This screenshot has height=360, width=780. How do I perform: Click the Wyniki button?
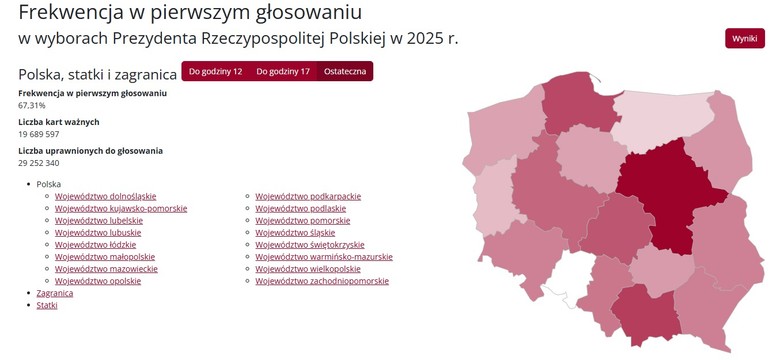click(x=744, y=38)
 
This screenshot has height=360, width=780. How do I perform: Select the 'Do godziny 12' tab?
click(x=215, y=72)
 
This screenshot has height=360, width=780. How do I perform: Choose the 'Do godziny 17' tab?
click(x=282, y=72)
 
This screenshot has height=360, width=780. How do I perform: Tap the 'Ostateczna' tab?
click(x=345, y=72)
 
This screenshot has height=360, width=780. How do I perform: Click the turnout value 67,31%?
click(x=32, y=105)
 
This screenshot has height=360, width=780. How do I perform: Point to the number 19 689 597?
click(x=39, y=134)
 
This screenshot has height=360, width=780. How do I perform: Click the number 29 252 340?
click(x=39, y=163)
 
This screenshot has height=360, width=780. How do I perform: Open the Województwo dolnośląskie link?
click(x=105, y=197)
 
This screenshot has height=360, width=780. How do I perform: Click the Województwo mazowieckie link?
click(x=106, y=269)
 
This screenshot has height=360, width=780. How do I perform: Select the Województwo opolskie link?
click(x=98, y=281)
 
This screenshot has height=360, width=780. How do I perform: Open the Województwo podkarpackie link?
click(x=308, y=197)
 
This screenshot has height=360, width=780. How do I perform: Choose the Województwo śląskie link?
click(x=295, y=233)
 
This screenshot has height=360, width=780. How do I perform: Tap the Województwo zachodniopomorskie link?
click(x=322, y=281)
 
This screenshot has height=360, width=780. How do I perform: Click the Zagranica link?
click(x=55, y=293)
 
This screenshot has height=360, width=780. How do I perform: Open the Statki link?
click(x=47, y=305)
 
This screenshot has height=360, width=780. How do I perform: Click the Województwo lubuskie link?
click(x=97, y=233)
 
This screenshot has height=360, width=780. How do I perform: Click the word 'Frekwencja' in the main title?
click(x=75, y=13)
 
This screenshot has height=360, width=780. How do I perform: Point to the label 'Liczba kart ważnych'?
click(x=59, y=122)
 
